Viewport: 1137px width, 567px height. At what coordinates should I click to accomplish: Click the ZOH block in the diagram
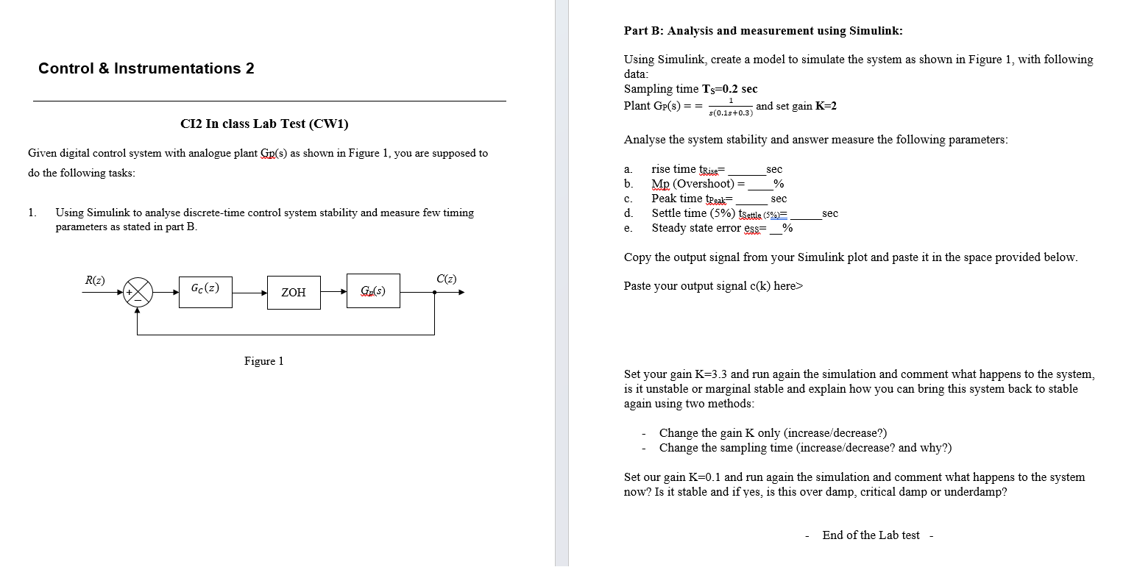point(294,292)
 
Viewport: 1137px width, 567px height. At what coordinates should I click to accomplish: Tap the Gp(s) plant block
point(373,292)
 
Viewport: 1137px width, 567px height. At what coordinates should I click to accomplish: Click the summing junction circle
point(138,292)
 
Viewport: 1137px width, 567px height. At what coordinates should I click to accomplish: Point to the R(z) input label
point(95,279)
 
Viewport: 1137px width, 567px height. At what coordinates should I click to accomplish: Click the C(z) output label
point(446,279)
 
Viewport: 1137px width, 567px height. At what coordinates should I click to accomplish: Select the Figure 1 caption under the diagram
point(263,361)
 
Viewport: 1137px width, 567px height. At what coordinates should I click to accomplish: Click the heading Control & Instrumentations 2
point(146,68)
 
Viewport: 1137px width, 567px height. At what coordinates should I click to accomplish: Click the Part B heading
point(763,31)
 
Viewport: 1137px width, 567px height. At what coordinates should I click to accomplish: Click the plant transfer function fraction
point(731,107)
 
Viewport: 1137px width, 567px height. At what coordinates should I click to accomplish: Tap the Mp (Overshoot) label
point(693,184)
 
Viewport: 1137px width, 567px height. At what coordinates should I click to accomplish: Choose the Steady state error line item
point(721,228)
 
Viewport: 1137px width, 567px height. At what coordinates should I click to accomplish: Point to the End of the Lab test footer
point(871,535)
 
